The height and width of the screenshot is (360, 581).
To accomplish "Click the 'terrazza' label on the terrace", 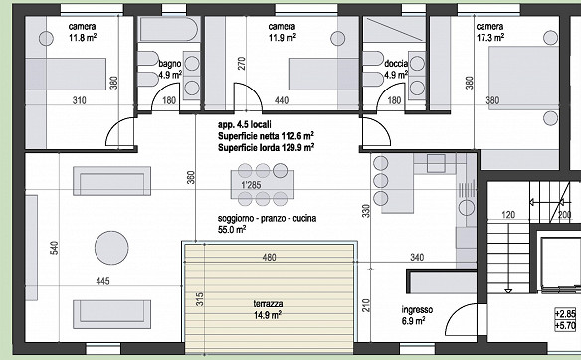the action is tap(268, 304).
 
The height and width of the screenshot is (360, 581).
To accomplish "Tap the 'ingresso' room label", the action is tap(417, 309).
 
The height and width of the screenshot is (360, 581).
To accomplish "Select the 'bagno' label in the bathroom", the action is tap(170, 64).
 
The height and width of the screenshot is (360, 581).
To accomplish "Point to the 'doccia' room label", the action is tap(396, 64).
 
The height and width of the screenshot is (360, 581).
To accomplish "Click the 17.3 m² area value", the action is tap(490, 38).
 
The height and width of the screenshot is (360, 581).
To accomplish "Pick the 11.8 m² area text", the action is tap(83, 38).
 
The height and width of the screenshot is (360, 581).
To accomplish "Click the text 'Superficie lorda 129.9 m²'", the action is tap(266, 148).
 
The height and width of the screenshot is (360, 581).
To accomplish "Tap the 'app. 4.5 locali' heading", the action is tap(244, 124).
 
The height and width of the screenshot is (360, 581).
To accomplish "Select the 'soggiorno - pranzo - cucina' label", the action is tap(268, 218).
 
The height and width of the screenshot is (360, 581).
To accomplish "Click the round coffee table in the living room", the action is tap(111, 248).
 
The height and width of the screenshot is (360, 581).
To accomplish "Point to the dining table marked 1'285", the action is tap(263, 184).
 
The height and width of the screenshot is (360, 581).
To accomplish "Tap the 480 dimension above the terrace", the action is tap(269, 257).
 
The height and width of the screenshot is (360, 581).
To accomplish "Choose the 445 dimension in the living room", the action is tap(102, 281).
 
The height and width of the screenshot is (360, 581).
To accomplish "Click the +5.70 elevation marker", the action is tap(565, 325).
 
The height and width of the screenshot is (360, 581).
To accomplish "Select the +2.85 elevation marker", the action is tap(565, 314).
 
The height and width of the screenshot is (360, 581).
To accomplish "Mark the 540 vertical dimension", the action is tap(54, 248).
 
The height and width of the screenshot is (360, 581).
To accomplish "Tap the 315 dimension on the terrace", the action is tap(199, 299).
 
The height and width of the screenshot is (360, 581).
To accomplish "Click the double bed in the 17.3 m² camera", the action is tap(523, 78).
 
